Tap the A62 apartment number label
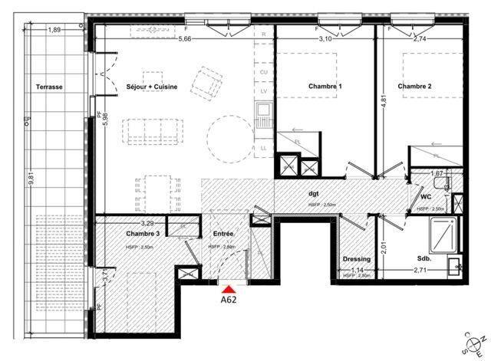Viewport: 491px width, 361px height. (228, 300)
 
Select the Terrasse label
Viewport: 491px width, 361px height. (49, 87)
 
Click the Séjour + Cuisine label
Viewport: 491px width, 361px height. (152, 87)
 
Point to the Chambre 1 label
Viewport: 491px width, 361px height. (325, 87)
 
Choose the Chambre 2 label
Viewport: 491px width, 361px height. (414, 87)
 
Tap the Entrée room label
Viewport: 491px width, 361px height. (223, 233)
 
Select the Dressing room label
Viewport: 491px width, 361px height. (357, 259)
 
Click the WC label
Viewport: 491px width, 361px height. (426, 197)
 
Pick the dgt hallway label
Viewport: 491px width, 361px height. (314, 195)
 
